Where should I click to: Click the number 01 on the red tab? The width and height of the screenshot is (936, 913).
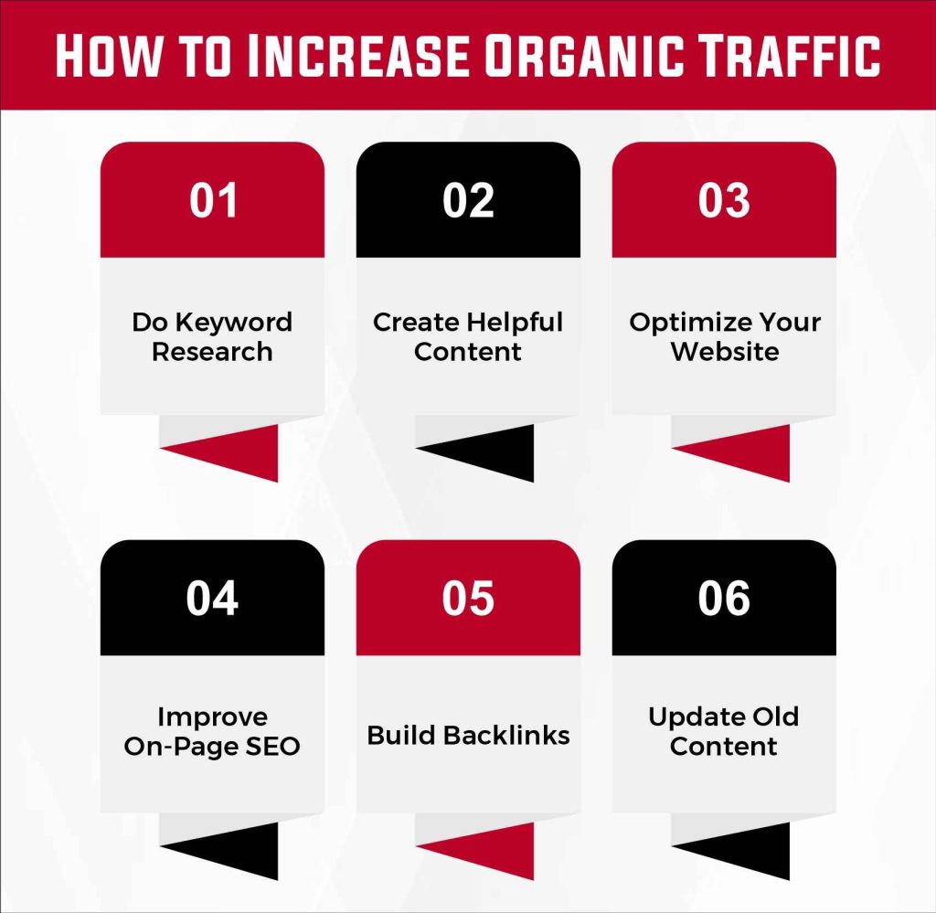point(213,201)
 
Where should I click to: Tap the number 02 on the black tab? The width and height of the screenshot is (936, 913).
point(468,201)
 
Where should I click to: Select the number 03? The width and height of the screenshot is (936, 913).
point(724,201)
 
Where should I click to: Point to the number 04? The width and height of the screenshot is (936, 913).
point(213,599)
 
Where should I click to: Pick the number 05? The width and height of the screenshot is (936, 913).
point(468,599)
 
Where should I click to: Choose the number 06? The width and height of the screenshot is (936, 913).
point(724,599)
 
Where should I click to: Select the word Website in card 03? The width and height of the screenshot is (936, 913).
point(724,352)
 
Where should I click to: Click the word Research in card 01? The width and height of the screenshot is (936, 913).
point(212,352)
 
